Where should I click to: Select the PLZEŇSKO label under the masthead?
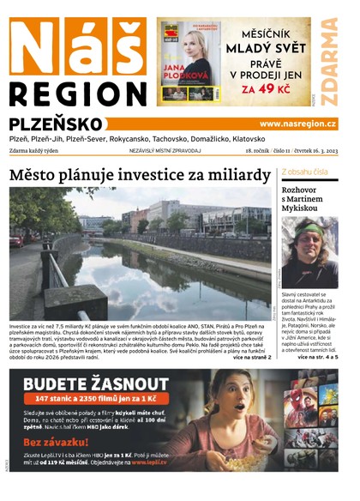click(59, 124)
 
